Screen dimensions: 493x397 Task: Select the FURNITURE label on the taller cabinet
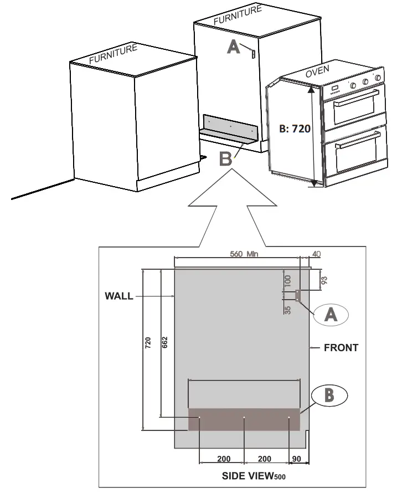point(238,15)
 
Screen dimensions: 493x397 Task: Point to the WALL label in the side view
point(119,296)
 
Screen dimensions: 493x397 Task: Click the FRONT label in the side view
point(341,348)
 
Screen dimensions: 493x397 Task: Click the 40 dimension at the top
point(316,254)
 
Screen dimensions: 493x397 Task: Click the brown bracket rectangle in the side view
point(244,419)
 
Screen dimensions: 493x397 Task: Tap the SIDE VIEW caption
point(253,475)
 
